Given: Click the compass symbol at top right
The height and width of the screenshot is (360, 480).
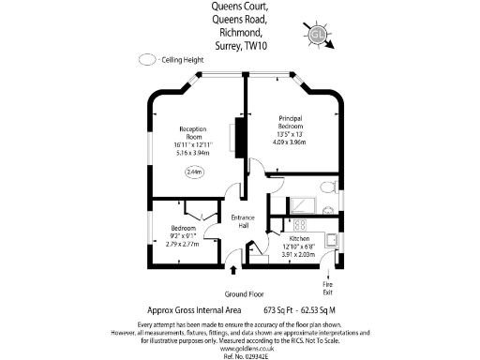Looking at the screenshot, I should coord(319,36).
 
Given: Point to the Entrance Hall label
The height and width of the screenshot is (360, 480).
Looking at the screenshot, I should coord(243,221).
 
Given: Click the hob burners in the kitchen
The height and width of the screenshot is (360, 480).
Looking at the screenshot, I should coord(301,225).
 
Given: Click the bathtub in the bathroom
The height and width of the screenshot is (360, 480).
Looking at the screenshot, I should coord(302,205).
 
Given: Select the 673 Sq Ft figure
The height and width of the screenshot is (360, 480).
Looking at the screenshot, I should coord(279,309).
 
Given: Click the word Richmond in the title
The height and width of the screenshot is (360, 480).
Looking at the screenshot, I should coord(240,31).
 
